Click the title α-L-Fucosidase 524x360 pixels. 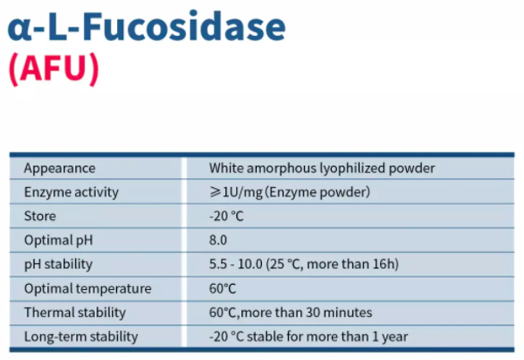click(147, 27)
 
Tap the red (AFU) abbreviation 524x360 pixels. click(53, 70)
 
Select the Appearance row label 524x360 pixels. click(59, 168)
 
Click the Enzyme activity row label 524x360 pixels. click(71, 192)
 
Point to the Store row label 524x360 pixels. click(39, 216)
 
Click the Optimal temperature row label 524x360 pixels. click(87, 288)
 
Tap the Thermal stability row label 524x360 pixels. click(74, 312)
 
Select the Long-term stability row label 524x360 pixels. click(81, 336)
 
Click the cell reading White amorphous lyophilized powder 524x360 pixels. click(321, 168)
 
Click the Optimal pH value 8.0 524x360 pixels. click(218, 239)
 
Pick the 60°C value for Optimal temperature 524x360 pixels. click(224, 288)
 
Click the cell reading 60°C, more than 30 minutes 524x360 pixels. click(291, 312)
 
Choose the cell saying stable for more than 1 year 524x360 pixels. click(308, 336)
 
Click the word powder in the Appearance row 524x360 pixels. click(412, 168)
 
